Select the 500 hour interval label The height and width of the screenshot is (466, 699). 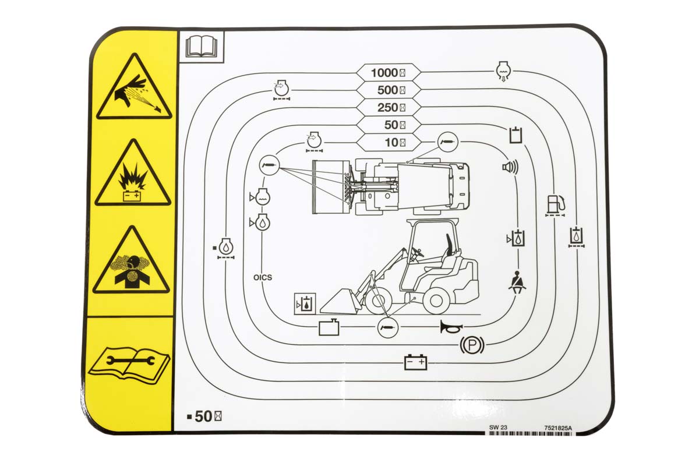391,90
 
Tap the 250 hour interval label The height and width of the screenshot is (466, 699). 391,108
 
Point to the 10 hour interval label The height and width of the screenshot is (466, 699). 395,143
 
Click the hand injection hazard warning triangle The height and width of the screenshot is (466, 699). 134,89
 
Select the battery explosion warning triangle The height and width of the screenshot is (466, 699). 133,175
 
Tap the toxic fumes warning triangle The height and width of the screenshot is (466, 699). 132,262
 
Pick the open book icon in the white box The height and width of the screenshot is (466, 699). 202,47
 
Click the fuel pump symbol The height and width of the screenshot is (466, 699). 556,205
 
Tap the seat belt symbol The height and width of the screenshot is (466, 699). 518,282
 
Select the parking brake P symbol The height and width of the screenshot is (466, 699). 472,345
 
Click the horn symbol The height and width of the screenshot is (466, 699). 451,327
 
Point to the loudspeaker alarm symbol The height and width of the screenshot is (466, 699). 510,167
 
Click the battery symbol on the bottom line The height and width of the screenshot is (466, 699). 415,363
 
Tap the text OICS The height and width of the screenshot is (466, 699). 263,277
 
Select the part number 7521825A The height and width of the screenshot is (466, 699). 558,428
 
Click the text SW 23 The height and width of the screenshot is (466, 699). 498,428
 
